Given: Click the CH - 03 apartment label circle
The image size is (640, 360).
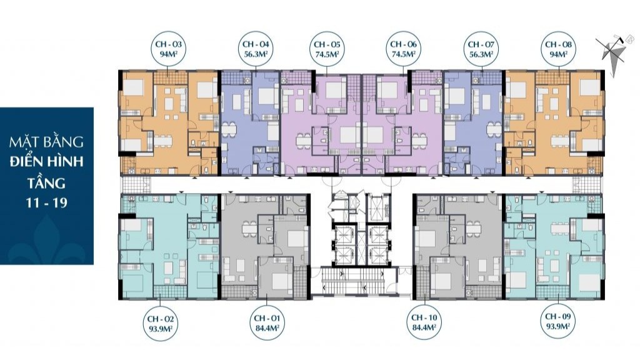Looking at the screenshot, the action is [169, 49].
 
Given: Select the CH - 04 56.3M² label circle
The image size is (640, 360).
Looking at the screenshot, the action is [256, 49].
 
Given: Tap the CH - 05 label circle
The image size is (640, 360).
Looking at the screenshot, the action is [327, 49].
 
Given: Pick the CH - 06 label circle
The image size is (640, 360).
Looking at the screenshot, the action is [403, 49].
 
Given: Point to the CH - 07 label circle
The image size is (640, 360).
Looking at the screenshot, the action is [481, 49].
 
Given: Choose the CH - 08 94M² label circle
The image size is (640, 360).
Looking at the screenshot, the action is [558, 49].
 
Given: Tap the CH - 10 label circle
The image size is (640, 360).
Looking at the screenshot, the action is [424, 322].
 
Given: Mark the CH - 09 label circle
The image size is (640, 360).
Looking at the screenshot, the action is [558, 321].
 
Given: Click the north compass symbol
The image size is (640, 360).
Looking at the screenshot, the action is [613, 54].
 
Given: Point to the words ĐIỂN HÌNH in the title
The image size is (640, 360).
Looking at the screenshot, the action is [46, 161].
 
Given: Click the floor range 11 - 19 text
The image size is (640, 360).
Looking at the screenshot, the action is [46, 202].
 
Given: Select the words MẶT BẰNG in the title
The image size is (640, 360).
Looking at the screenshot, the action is [46, 141].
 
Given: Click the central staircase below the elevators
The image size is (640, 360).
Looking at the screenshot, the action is [354, 281].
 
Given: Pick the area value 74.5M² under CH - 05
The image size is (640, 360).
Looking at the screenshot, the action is [327, 54].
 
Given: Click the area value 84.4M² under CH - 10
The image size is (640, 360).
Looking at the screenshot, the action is [424, 327].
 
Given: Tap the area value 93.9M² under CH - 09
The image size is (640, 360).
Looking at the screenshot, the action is [558, 326].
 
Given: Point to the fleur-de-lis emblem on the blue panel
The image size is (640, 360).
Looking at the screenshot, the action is [46, 240].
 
